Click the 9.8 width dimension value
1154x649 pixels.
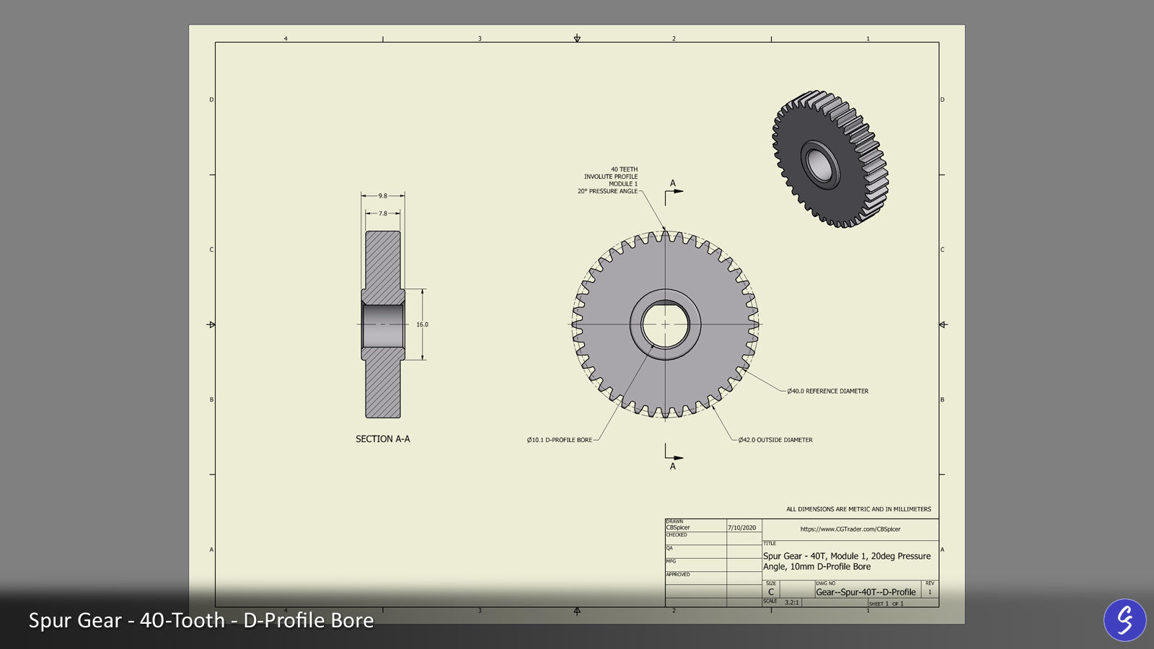(x=383, y=195)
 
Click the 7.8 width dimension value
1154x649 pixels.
(x=383, y=213)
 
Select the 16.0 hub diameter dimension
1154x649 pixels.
(x=422, y=324)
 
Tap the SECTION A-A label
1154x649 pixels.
(x=382, y=438)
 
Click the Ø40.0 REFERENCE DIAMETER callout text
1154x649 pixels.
(x=827, y=391)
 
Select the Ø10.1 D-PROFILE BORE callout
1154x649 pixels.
(x=560, y=440)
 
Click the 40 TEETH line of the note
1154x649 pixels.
(x=624, y=169)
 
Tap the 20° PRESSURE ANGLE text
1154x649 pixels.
(x=607, y=191)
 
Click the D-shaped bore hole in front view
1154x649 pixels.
(x=665, y=324)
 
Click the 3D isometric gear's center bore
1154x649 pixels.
(x=819, y=164)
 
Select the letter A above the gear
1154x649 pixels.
(x=673, y=183)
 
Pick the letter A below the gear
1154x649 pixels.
(x=673, y=467)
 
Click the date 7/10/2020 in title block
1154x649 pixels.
(x=742, y=528)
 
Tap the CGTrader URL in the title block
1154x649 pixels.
(x=850, y=529)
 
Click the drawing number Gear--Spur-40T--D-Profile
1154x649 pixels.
(x=865, y=592)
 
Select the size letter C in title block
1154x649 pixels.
(x=771, y=592)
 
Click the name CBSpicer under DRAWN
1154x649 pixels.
(x=678, y=528)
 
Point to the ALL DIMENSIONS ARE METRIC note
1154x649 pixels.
(x=858, y=509)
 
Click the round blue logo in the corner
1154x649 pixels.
(x=1124, y=619)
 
